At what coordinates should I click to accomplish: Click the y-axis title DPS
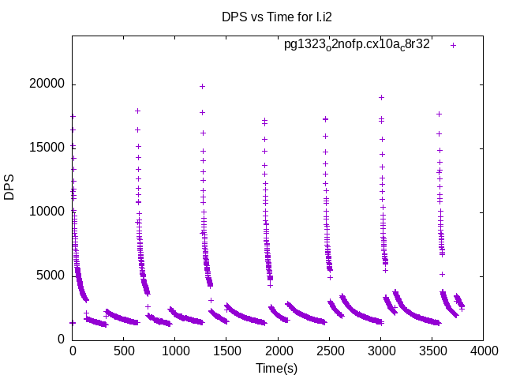10,187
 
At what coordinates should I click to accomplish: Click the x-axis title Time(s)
276,368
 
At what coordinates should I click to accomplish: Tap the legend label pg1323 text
357,45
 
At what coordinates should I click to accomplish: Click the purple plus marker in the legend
453,45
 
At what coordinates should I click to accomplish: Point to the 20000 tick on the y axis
50,84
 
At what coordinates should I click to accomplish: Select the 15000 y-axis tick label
50,148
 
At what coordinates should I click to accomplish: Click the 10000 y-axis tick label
50,212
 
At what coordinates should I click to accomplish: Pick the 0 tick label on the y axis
62,340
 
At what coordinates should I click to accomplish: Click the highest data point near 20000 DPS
202,86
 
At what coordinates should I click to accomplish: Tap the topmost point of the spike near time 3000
381,97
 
